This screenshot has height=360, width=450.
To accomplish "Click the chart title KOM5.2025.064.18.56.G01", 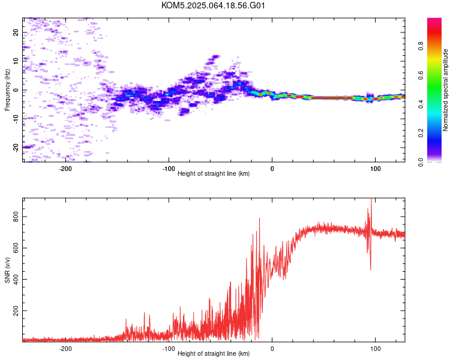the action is [x=213, y=5].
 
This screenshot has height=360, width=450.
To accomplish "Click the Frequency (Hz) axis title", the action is [x=7, y=90].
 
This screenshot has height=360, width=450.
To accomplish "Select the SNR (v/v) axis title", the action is [x=7, y=270].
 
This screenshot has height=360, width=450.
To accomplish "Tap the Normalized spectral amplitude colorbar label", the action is [x=445, y=90].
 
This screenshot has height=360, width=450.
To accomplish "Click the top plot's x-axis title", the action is [x=214, y=173].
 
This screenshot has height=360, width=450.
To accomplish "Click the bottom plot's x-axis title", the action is [x=214, y=353].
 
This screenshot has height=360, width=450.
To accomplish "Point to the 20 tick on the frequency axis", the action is [x=16, y=32].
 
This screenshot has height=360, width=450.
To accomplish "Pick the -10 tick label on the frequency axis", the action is [x=16, y=118].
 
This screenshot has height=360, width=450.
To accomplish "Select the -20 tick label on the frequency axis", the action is [x=16, y=148].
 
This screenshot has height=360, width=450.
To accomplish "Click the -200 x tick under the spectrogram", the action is [x=65, y=169].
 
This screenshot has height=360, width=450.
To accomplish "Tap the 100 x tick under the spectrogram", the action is [x=376, y=169].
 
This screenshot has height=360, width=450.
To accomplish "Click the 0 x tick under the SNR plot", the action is [x=272, y=349].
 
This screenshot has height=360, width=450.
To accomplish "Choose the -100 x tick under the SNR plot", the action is [x=169, y=349].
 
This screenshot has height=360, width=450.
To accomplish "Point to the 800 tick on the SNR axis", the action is [x=16, y=217].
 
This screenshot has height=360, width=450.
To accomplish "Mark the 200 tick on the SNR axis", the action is [x=16, y=311].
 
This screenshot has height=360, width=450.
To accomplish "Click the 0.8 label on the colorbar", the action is [x=421, y=46].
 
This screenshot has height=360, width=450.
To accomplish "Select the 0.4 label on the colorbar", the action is [x=421, y=104].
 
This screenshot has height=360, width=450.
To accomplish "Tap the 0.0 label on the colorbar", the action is [x=421, y=163].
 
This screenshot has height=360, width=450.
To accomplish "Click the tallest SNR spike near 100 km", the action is [x=371, y=199].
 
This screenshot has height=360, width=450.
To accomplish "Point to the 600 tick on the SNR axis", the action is [x=16, y=248].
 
